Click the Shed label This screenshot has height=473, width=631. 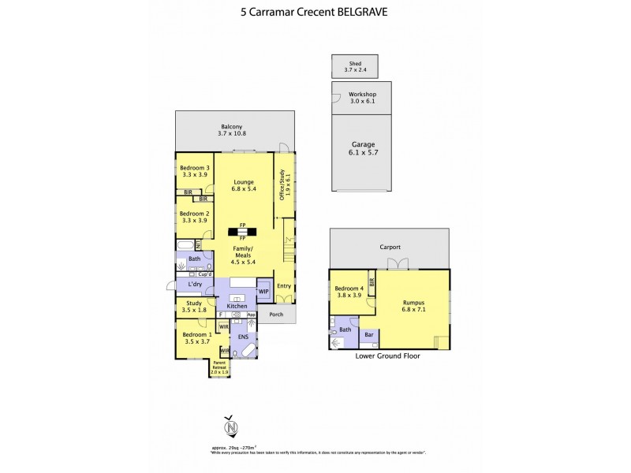tap(355, 62)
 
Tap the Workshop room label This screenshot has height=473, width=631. tap(361, 94)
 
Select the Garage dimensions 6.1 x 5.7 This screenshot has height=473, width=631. tap(362, 153)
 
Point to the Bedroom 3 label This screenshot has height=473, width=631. tap(194, 168)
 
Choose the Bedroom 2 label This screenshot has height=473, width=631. tap(194, 214)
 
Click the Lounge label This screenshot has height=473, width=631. tap(243, 182)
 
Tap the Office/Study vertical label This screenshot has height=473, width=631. tap(283, 185)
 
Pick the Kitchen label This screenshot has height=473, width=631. tap(237, 306)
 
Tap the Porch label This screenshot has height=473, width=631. tap(276, 315)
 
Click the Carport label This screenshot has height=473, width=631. tap(390, 248)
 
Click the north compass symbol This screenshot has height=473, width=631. tap(230, 426)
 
